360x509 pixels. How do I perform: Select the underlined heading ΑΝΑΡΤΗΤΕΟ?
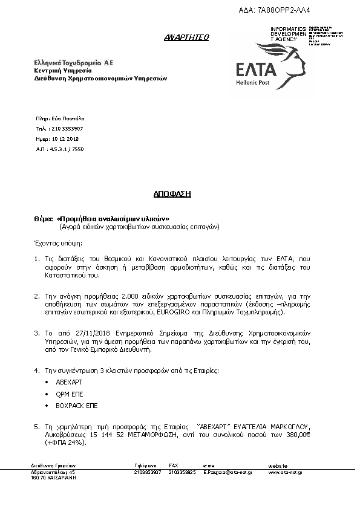pos(186,37)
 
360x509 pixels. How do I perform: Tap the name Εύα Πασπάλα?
pos(68,119)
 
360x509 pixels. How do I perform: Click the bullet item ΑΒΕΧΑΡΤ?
pos(68,383)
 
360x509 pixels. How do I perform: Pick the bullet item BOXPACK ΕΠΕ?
pos(76,406)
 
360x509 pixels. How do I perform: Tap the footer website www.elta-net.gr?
pos(285,472)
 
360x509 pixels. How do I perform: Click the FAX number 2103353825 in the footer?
pos(182,472)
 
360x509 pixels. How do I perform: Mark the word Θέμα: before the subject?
pos(43,218)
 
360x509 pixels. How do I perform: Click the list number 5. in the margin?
pos(37,427)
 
